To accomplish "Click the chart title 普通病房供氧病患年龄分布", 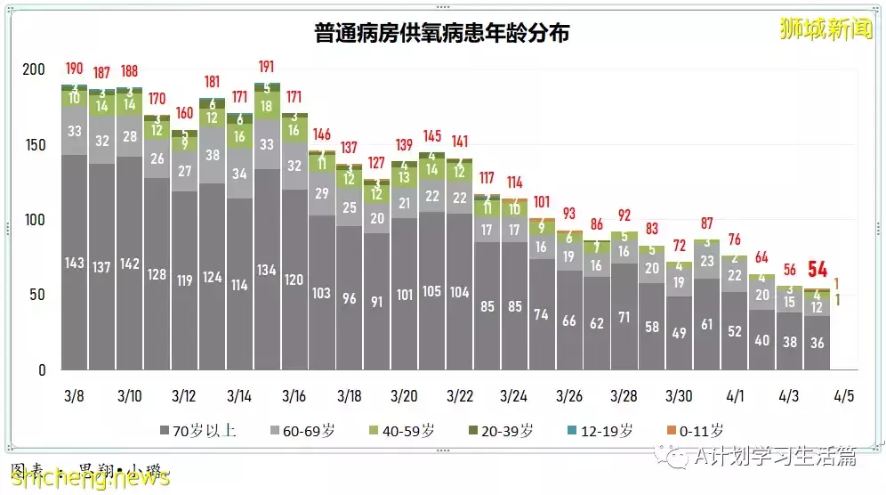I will point(442,33).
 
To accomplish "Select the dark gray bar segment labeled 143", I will point(74,263).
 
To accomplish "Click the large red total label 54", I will point(818,269).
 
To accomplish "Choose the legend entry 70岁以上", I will point(197,431).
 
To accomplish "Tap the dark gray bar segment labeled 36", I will point(818,343).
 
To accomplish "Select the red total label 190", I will point(74,69).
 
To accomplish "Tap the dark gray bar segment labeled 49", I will point(680,333).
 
